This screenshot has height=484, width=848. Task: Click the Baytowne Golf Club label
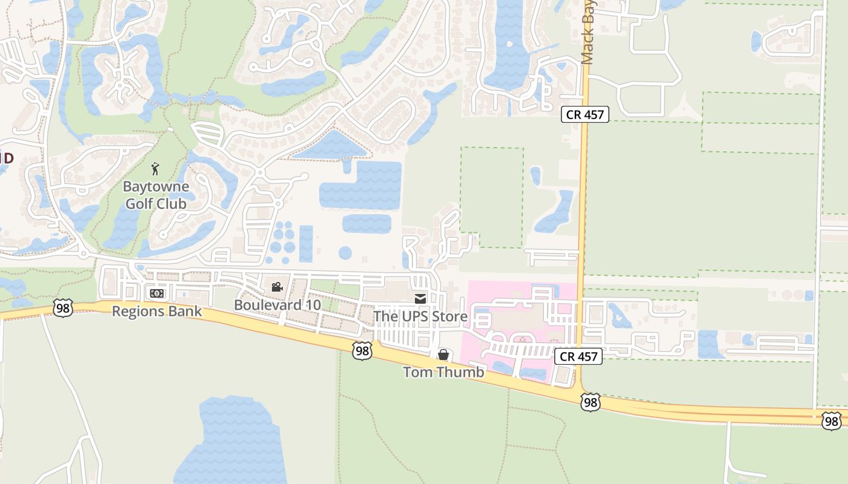point(157,195)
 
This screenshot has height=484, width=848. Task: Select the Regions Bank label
point(157,311)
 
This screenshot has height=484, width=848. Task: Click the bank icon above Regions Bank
point(156,293)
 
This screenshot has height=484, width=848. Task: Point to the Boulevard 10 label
point(277,304)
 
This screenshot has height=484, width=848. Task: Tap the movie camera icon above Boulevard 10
point(277,287)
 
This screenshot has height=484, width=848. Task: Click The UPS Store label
point(420,316)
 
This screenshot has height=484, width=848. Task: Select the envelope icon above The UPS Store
point(420,298)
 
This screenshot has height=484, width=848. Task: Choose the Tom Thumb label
point(444,371)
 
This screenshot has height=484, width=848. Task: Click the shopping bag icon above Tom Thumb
point(443,355)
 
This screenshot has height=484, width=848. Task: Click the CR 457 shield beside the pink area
point(578,356)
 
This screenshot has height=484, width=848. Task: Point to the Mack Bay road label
point(588,33)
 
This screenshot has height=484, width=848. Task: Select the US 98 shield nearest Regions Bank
point(62,307)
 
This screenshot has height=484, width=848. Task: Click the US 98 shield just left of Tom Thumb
point(362,350)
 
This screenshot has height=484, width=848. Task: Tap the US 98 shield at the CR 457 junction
point(589,402)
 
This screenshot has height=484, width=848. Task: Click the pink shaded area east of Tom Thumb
point(521,321)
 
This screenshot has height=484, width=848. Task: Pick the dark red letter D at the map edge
point(8,159)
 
